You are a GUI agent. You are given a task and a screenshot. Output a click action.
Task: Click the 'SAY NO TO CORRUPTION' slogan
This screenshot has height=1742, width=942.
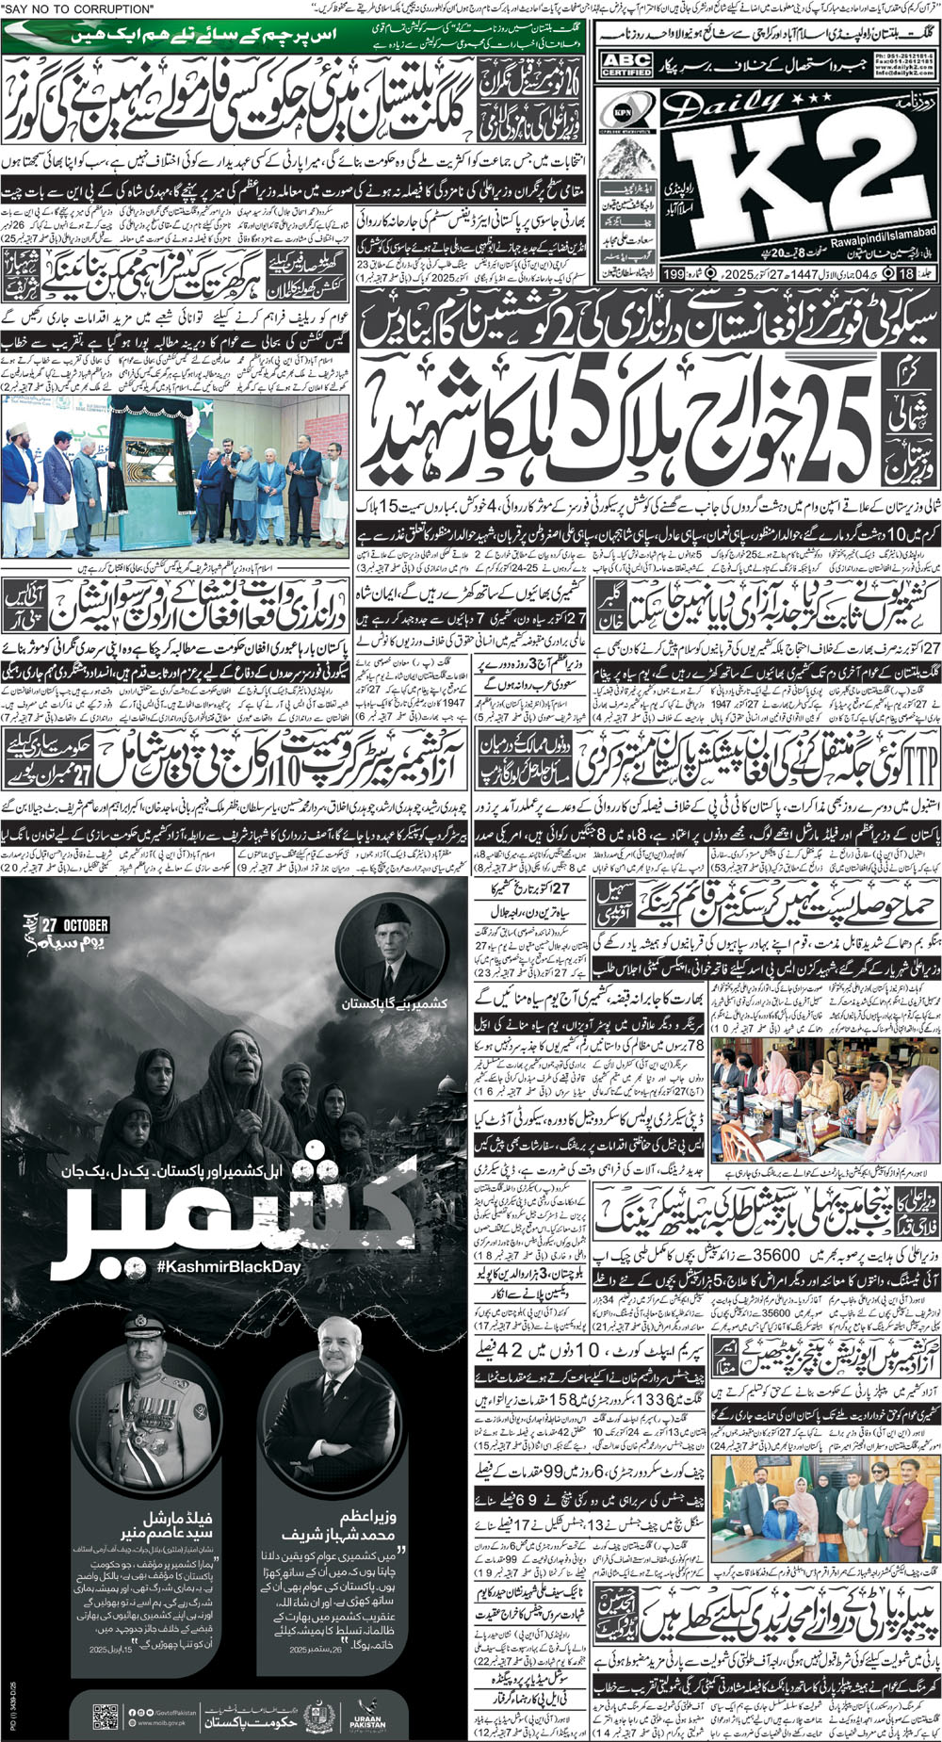(x=80, y=8)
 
